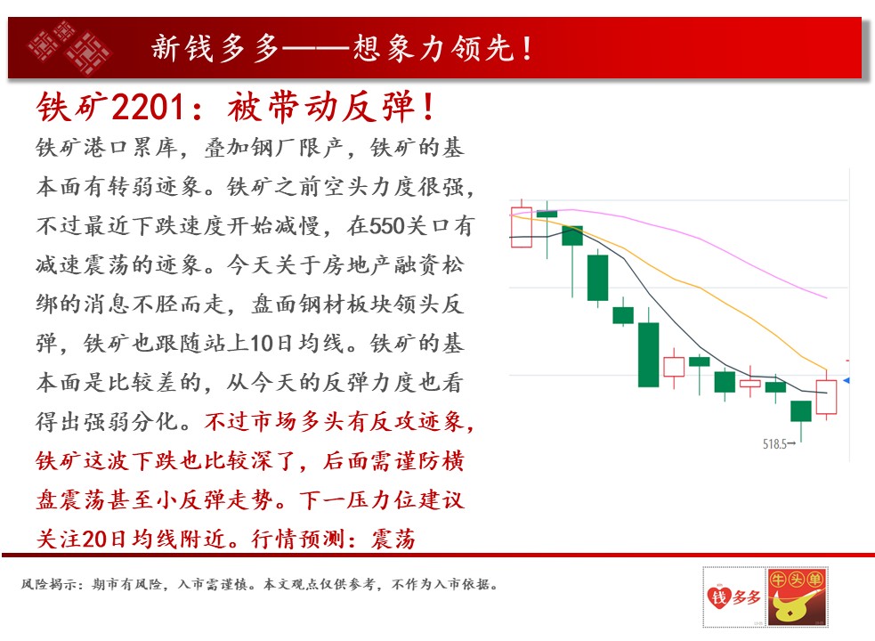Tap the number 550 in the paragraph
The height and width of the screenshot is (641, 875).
pyautogui.click(x=386, y=225)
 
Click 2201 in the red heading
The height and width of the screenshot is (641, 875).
pyautogui.click(x=148, y=106)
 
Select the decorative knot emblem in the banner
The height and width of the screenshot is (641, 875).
pyautogui.click(x=69, y=47)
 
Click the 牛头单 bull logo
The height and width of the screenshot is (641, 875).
pyautogui.click(x=797, y=596)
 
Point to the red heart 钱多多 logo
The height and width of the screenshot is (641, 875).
pyautogui.click(x=733, y=597)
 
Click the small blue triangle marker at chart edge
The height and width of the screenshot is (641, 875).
pyautogui.click(x=847, y=380)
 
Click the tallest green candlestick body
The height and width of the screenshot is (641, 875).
pyautogui.click(x=648, y=354)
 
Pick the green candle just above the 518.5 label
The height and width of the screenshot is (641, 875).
pyautogui.click(x=801, y=411)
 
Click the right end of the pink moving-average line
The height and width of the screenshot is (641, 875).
pyautogui.click(x=826, y=297)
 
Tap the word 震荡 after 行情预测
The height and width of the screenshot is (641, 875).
pyautogui.click(x=393, y=539)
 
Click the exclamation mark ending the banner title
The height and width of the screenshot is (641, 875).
pyautogui.click(x=527, y=47)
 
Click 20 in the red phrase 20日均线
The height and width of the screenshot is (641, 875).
pyautogui.click(x=95, y=539)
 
